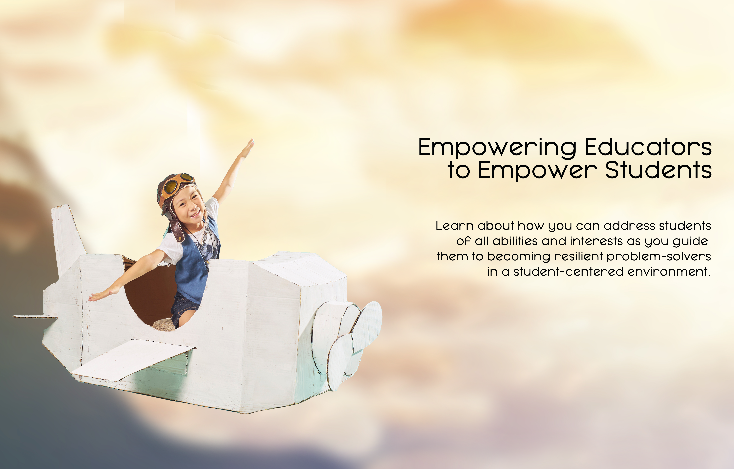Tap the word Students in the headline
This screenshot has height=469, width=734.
(x=658, y=170)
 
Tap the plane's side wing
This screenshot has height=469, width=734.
(x=131, y=360)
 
